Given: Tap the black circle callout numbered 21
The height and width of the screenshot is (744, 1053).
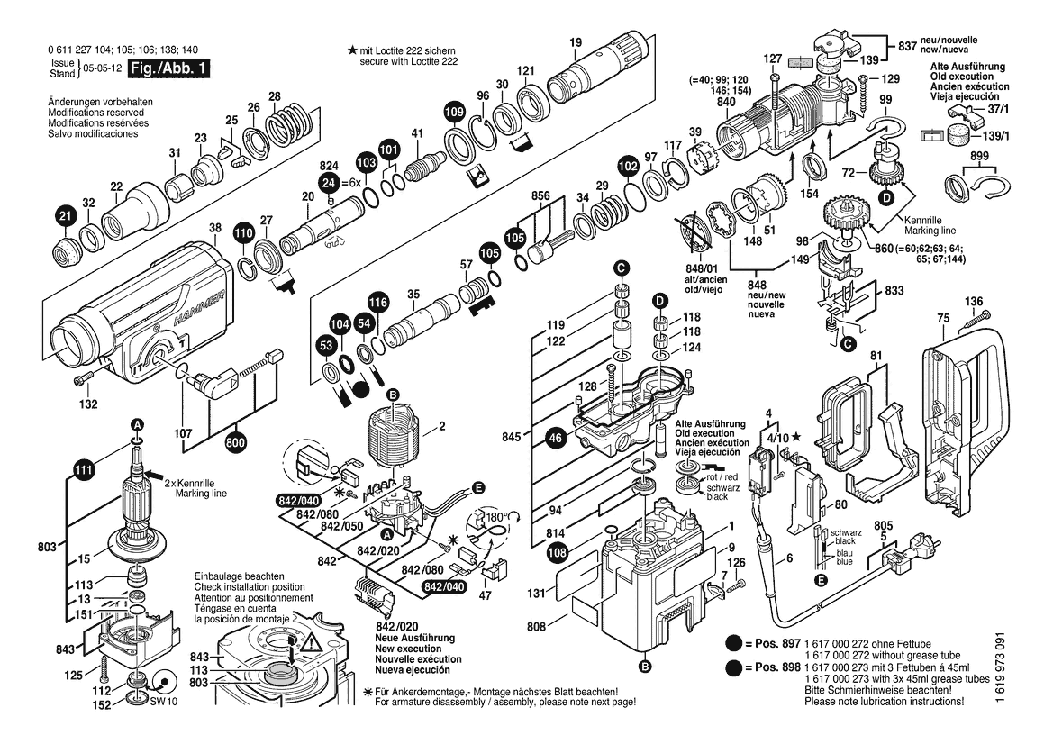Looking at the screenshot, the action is pos(65,216).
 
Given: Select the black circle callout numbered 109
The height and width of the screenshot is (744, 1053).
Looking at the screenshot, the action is pos(455,112).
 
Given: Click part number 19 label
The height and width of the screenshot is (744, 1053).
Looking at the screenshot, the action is pos(576,43).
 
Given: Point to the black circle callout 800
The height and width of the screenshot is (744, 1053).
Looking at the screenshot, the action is pos(236,443).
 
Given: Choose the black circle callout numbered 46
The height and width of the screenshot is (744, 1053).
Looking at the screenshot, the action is pos(556,439).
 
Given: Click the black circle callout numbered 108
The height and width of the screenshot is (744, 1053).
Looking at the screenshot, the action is pos(557,553).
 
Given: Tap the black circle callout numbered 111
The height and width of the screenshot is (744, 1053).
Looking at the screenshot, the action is pos(83,471).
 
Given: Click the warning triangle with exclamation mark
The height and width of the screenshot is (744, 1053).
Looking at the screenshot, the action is pos(310,646).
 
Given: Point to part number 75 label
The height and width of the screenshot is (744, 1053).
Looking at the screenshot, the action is pos(943,318).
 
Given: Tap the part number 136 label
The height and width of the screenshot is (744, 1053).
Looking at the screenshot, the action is pos(974,302).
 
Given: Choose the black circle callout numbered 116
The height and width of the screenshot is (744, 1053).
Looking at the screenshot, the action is pos(378,302).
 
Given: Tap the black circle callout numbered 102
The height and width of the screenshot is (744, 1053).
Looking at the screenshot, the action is pos(628,165).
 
